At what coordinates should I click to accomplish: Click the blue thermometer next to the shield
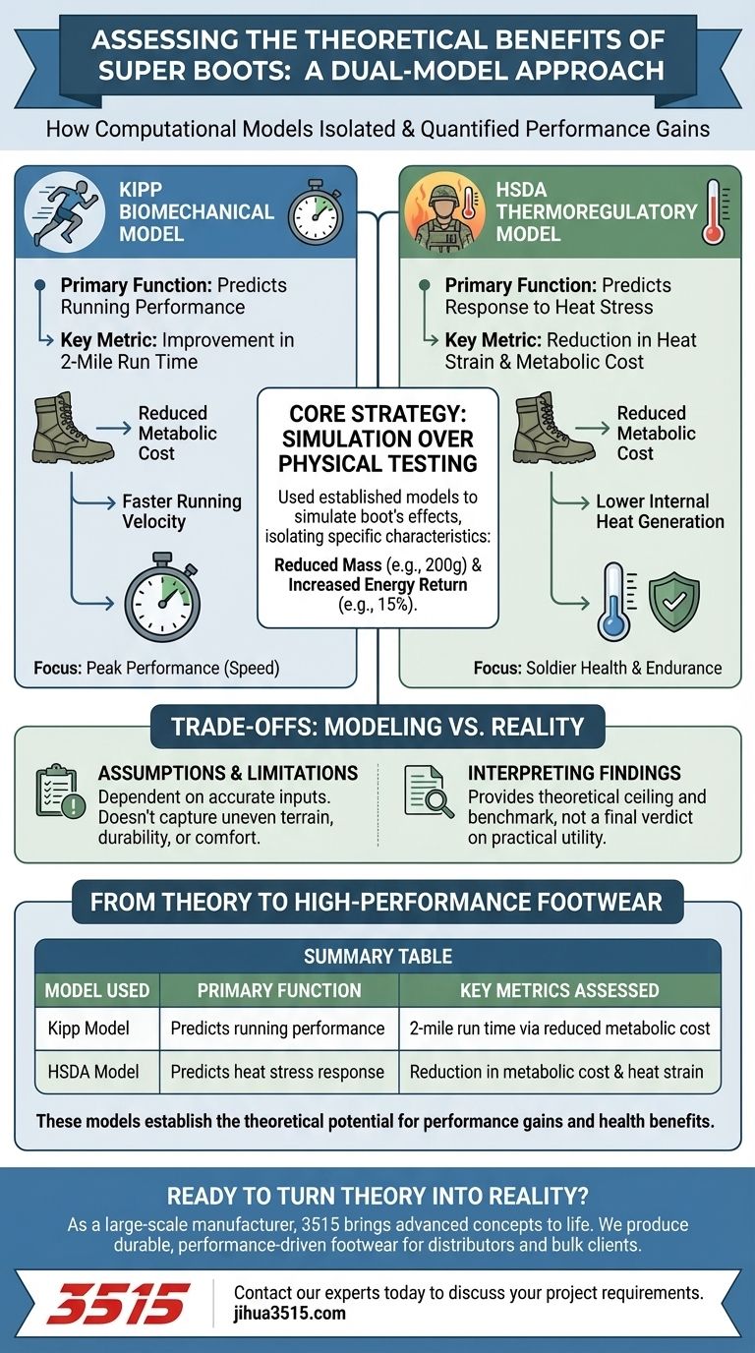pyautogui.click(x=616, y=601)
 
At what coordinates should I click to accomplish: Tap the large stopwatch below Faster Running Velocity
pyautogui.click(x=161, y=602)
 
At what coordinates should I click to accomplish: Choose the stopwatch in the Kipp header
pyautogui.click(x=315, y=213)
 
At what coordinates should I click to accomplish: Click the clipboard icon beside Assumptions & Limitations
pyautogui.click(x=59, y=792)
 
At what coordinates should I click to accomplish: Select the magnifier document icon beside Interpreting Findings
pyautogui.click(x=430, y=792)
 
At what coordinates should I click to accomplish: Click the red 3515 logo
pyautogui.click(x=117, y=1303)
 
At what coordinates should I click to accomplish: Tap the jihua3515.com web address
pyautogui.click(x=290, y=1314)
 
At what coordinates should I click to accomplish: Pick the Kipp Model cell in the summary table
pyautogui.click(x=88, y=1029)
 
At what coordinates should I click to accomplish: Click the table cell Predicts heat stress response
pyautogui.click(x=277, y=1072)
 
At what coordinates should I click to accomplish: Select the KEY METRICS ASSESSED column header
pyautogui.click(x=559, y=990)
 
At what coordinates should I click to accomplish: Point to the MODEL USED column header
pyautogui.click(x=97, y=990)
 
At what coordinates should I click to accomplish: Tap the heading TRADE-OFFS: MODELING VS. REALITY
pyautogui.click(x=377, y=728)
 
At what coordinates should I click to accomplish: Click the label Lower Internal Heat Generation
pyautogui.click(x=660, y=511)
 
